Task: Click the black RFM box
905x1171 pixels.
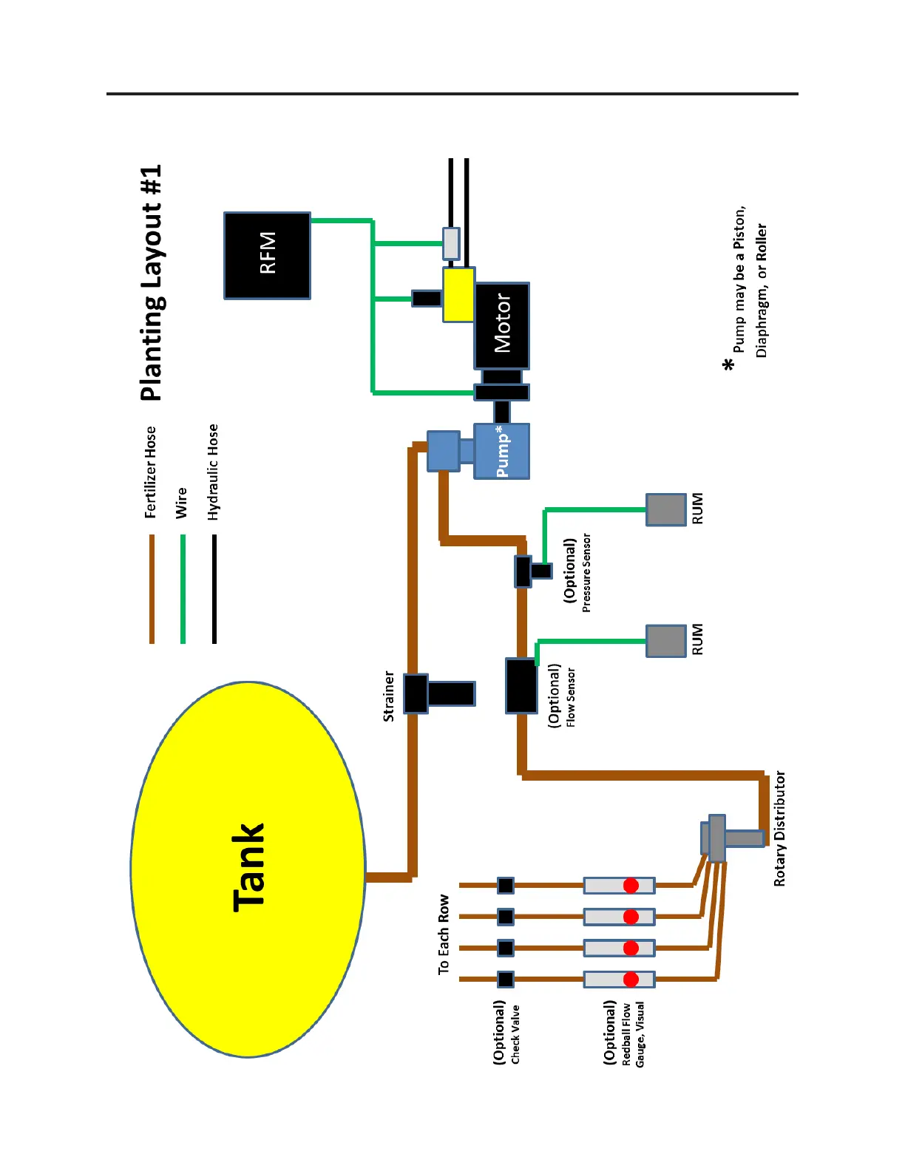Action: [x=267, y=255]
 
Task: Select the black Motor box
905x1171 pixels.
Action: [x=502, y=325]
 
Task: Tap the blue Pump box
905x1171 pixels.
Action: [x=502, y=451]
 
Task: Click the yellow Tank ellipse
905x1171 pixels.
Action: [x=248, y=869]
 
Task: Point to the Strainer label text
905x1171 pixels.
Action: [x=389, y=696]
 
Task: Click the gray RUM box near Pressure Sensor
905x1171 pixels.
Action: [x=666, y=509]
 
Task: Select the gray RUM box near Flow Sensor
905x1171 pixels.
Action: [x=666, y=641]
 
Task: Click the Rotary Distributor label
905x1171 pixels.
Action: [x=780, y=829]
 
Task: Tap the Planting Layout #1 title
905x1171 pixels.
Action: [x=152, y=283]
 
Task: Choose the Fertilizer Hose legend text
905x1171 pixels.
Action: [x=151, y=472]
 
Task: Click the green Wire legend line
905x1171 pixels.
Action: [x=183, y=588]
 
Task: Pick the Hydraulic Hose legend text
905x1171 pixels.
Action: [x=214, y=472]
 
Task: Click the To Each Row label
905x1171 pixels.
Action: [x=444, y=934]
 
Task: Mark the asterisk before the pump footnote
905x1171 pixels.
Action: [x=729, y=364]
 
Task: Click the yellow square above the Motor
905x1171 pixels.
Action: [x=458, y=294]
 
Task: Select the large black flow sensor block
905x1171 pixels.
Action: [x=521, y=686]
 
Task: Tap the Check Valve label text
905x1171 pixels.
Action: [x=515, y=1033]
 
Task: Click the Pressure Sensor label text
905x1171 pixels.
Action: [x=586, y=572]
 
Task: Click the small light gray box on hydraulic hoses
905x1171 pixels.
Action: [x=451, y=243]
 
